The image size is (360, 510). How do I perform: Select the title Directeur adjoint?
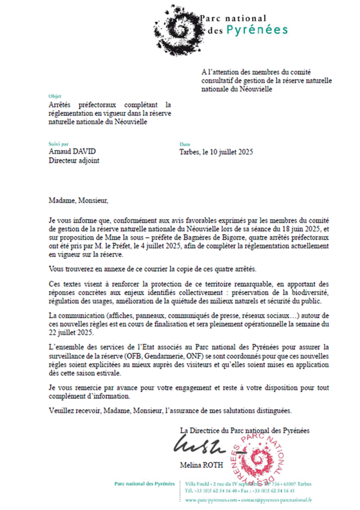tap(74, 161)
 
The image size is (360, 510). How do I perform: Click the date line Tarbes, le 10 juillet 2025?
tap(216, 152)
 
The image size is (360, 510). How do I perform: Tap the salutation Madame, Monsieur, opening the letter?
tap(78, 200)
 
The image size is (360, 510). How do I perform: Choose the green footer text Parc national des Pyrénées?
tap(144, 483)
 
